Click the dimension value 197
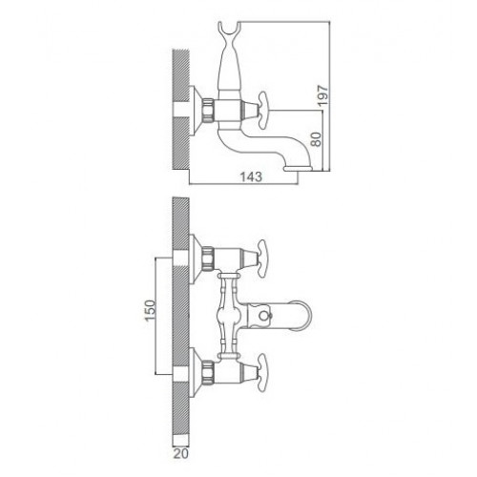323,95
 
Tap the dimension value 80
317,139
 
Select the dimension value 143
251,176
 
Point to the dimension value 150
151,310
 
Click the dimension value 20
181,453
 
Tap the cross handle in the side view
263,111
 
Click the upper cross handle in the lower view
262,259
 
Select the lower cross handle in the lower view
262,373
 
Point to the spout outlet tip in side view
298,168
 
